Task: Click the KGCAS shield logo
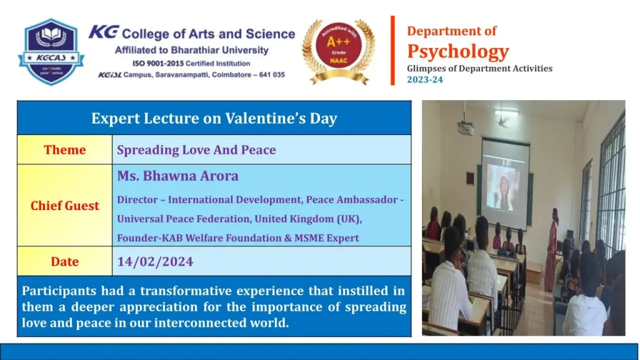51,52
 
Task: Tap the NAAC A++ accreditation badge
338,52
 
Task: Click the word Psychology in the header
458,52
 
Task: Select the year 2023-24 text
425,79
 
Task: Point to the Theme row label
64,150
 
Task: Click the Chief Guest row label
64,206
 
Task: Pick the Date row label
64,262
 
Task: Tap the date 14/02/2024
155,262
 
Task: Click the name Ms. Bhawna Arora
177,176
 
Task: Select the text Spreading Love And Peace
196,150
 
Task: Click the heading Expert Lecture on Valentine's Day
214,118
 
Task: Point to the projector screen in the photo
505,184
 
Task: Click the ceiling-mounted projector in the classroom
465,127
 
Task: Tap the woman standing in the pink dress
552,250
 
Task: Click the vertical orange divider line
392,51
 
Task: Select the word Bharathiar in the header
196,50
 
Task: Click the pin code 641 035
272,75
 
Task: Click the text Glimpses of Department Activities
479,69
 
